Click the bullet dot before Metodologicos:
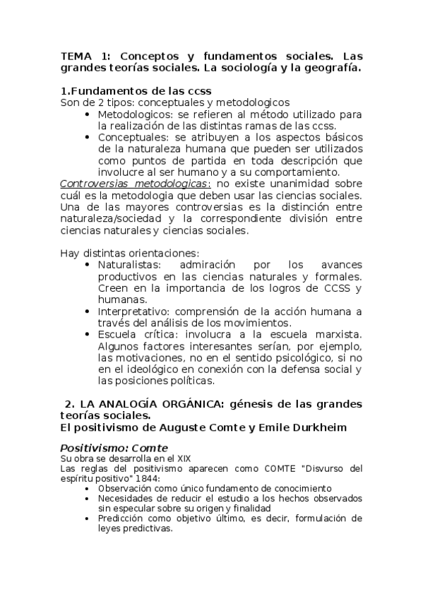(88, 115)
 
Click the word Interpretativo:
(135, 312)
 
